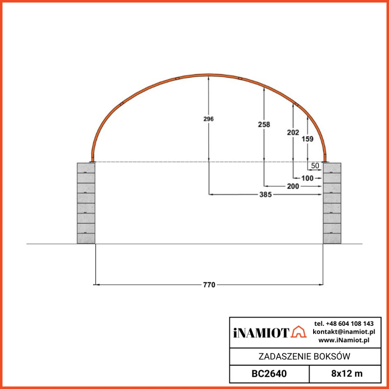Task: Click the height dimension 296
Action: [x=209, y=119]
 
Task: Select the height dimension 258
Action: [x=264, y=124]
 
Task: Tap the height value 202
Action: [x=293, y=132]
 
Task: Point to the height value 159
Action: [x=308, y=139]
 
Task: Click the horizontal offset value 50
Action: [x=315, y=166]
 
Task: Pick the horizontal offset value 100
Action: [x=307, y=178]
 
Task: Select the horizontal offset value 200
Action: [x=293, y=186]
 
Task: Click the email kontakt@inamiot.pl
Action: [x=343, y=332]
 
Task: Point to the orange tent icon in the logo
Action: [x=299, y=332]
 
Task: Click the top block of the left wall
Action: [x=86, y=168]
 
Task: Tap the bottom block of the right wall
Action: [x=332, y=238]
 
